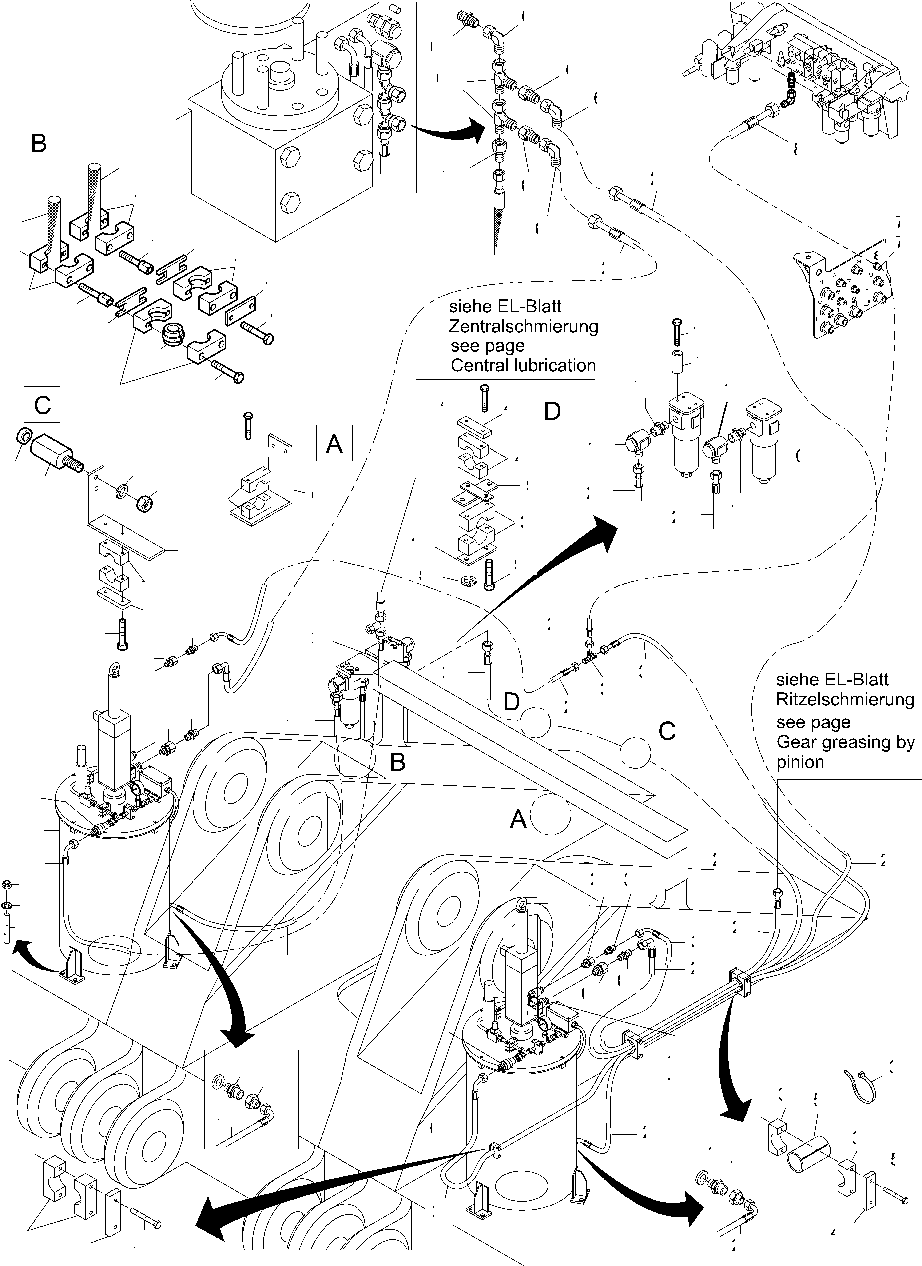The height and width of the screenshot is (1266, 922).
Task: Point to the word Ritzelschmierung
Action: [x=845, y=699]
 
